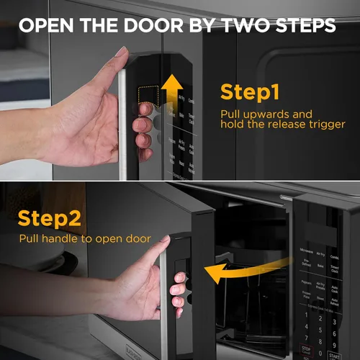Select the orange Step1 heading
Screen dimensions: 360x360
252,93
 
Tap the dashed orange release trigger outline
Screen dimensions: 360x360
148,96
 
